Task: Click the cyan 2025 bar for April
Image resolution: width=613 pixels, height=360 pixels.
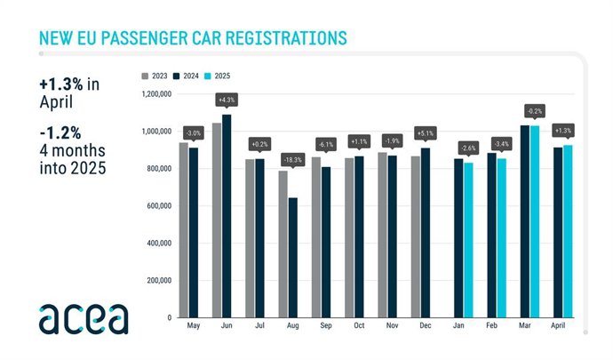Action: click(567, 231)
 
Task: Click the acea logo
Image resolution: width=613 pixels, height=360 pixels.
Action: click(83, 317)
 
